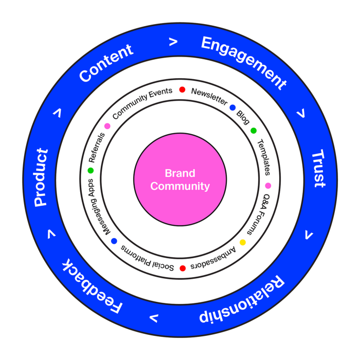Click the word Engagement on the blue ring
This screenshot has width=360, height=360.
click(x=244, y=60)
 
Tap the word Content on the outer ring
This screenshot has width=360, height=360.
click(x=106, y=62)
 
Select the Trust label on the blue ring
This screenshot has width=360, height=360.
click(x=319, y=168)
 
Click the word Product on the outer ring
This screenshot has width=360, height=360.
click(x=41, y=177)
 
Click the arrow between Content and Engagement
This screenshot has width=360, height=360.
click(x=173, y=42)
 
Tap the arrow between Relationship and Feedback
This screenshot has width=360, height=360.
click(x=154, y=318)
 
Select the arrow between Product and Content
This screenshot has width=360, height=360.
click(x=58, y=113)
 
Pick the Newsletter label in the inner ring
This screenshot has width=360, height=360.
click(x=209, y=97)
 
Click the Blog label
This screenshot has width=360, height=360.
click(x=243, y=118)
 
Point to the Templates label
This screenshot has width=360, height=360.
click(x=263, y=157)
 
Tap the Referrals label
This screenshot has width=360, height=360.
click(x=97, y=148)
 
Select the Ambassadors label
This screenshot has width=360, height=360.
click(x=213, y=258)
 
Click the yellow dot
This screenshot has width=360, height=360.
click(x=243, y=242)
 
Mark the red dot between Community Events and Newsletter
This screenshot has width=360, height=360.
click(x=182, y=89)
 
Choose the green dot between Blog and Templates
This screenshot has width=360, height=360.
click(x=254, y=131)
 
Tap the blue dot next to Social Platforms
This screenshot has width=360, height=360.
click(x=114, y=241)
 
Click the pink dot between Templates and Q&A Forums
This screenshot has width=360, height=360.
click(x=268, y=186)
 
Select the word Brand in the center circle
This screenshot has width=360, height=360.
click(x=180, y=173)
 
